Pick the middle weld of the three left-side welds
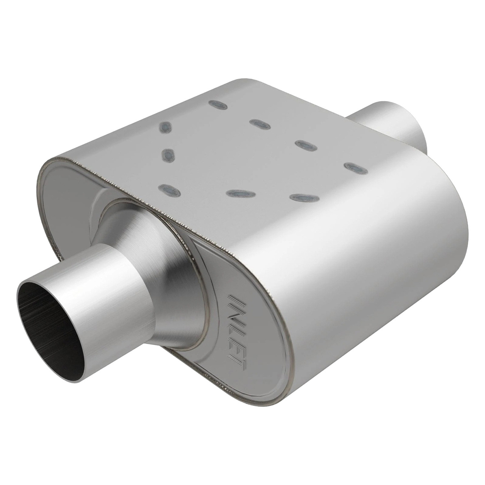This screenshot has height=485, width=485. click(167, 155)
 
